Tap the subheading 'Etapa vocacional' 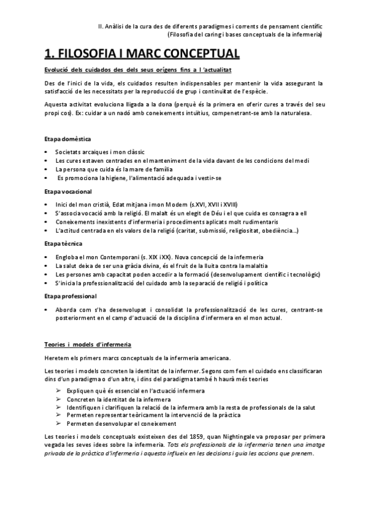tap(69, 192)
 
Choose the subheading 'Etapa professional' tap(71, 296)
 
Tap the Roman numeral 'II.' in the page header tap(101, 26)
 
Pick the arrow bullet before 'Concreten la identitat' tap(58, 398)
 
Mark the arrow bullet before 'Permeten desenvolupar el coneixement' tap(58, 424)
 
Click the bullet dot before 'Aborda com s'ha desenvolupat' tap(48, 310)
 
